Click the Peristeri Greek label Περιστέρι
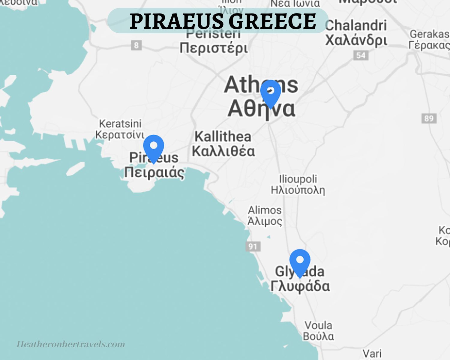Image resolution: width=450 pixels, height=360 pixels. (214, 48)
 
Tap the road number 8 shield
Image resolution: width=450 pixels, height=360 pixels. (136, 46)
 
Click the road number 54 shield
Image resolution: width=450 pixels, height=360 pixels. (361, 55)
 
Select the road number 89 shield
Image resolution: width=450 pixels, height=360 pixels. (429, 118)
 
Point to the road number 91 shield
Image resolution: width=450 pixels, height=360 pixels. (253, 247)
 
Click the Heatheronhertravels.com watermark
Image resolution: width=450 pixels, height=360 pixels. (70, 344)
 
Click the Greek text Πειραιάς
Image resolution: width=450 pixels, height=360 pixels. (154, 173)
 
